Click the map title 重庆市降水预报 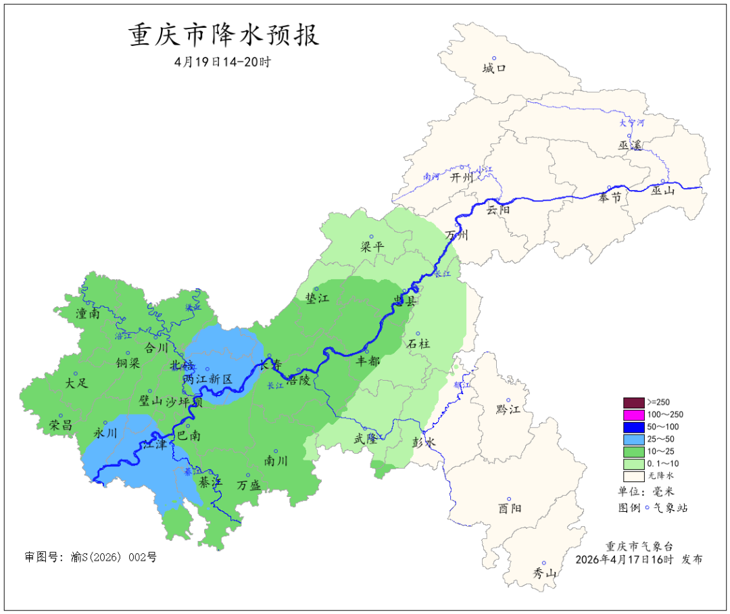tap(223, 35)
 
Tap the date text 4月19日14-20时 tap(222, 62)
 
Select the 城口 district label tap(494, 68)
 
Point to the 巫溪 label tap(629, 145)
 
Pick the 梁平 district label tap(372, 247)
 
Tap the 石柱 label tap(418, 344)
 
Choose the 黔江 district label tap(508, 410)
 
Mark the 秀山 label tap(544, 573)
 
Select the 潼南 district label tap(89, 313)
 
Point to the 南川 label tap(276, 461)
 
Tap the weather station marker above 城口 tap(494, 58)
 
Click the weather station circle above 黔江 tap(509, 400)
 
